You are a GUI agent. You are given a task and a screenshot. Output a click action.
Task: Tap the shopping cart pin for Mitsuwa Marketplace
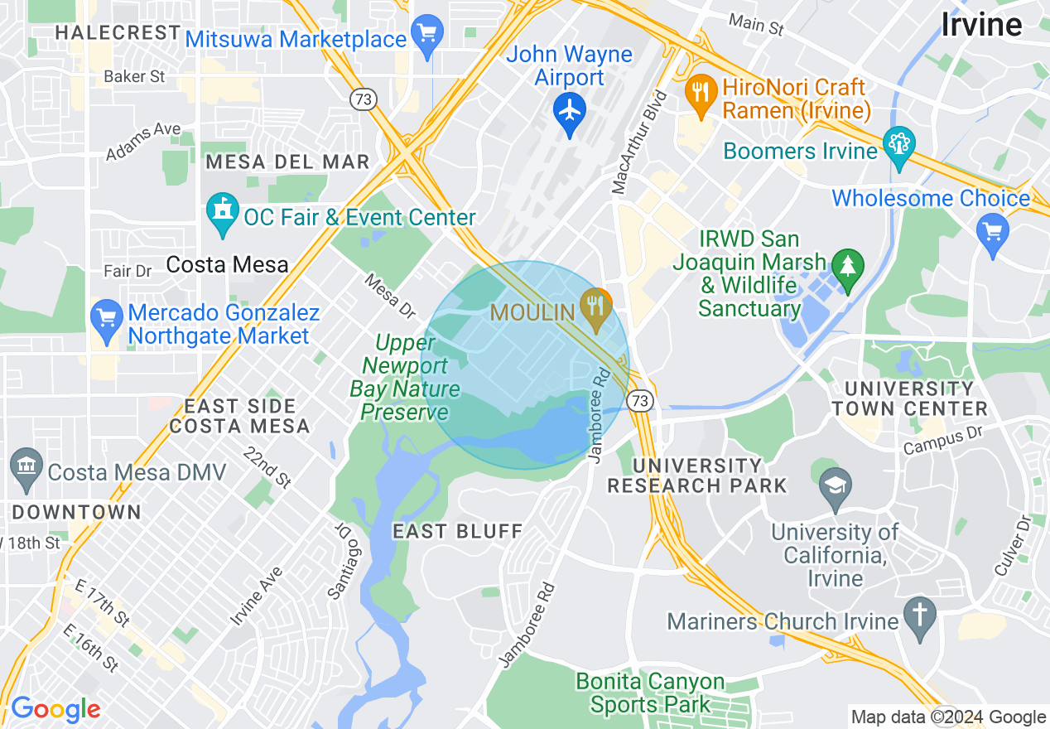point(427,34)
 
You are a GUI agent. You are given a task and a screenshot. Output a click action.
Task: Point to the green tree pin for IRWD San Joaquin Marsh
point(847,267)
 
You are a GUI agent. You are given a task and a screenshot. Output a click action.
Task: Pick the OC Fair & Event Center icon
point(222,212)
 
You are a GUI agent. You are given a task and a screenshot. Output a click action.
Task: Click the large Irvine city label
point(981,25)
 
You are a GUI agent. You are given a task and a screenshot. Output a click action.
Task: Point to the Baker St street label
point(134,77)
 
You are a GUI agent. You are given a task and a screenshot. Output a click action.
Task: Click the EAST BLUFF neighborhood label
point(458,531)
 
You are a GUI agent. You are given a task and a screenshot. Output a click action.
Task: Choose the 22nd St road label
point(267,468)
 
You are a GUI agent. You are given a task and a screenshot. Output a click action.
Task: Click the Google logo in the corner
point(55,709)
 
